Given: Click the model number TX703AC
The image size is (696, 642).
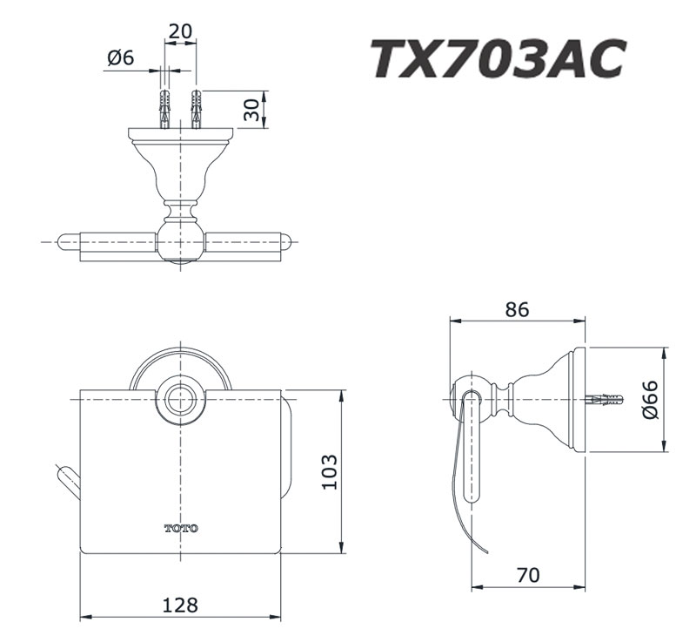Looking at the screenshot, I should (x=498, y=60).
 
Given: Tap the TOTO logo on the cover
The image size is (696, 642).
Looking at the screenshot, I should (x=181, y=529).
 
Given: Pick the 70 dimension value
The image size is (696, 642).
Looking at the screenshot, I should (x=527, y=575).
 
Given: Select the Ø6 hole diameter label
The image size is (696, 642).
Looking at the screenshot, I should (x=120, y=57).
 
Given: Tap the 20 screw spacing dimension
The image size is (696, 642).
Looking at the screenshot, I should (x=180, y=30).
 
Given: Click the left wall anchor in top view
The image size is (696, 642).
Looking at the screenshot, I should (x=164, y=107).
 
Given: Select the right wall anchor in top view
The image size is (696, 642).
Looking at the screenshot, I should (x=196, y=107).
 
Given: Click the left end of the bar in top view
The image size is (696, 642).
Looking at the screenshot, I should (x=65, y=242).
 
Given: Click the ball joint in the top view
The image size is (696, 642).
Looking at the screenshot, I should (x=180, y=241).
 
